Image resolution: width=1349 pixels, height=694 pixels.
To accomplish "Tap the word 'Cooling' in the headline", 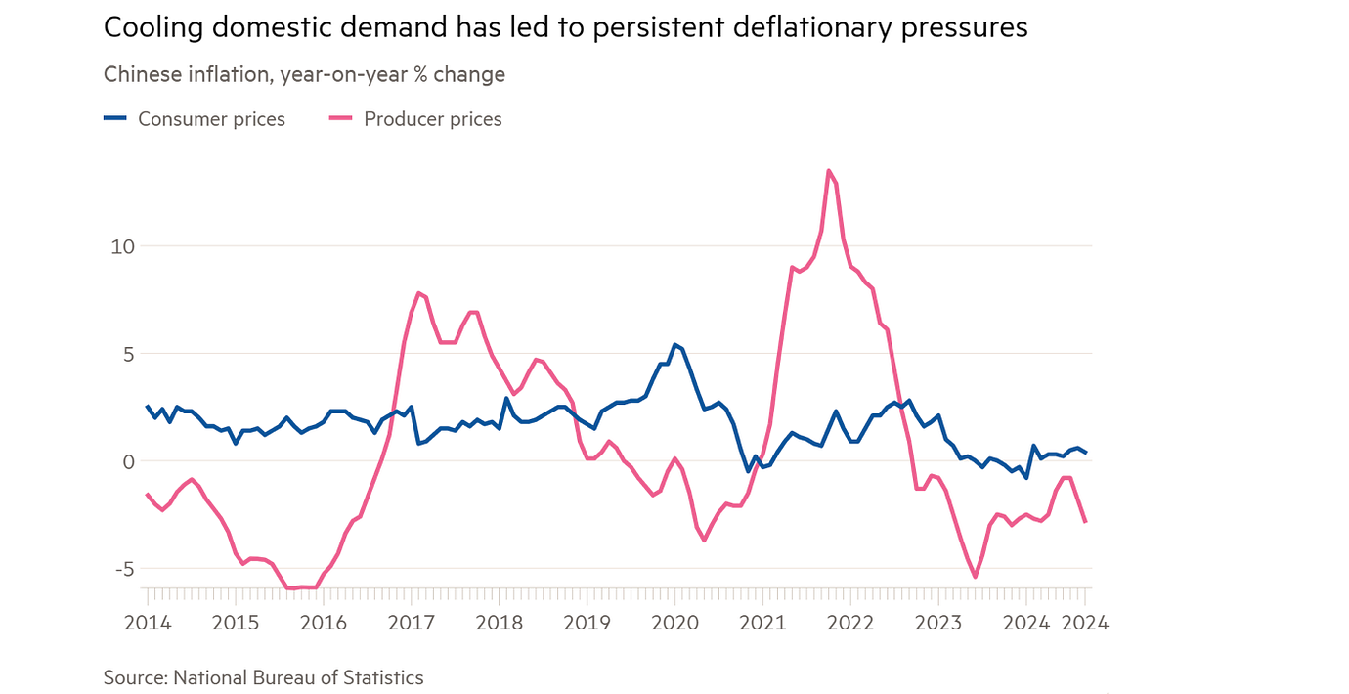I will click(x=146, y=27).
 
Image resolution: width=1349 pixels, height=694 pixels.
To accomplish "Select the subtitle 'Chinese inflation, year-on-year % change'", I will click(x=304, y=74).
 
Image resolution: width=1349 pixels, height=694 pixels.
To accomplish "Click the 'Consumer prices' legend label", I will click(x=211, y=119).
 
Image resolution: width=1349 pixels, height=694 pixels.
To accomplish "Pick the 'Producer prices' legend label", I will click(x=432, y=119).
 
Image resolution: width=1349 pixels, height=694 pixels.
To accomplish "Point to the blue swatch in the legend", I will click(x=115, y=118).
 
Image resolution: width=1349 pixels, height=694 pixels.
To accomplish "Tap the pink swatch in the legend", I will click(x=341, y=118).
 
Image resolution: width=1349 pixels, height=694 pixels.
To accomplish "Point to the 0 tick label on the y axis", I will click(x=126, y=461).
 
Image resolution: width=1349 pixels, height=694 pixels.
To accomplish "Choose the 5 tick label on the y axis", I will click(x=126, y=354).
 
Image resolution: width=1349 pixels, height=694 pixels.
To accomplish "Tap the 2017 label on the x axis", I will click(x=411, y=623).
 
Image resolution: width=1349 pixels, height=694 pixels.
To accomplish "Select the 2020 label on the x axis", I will click(x=674, y=623).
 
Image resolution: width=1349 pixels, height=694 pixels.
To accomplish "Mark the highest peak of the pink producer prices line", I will click(x=829, y=171).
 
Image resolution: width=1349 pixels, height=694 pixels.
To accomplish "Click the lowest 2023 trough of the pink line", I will click(x=975, y=577).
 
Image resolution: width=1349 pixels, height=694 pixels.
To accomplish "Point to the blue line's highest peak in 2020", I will click(x=674, y=345).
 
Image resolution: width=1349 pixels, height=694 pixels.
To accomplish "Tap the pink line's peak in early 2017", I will click(x=418, y=293).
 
